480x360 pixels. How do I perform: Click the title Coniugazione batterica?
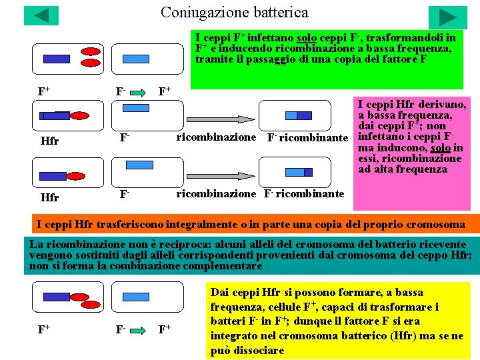[x=235, y=13]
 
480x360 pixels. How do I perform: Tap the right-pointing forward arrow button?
[x=447, y=17]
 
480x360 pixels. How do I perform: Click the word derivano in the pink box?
[x=440, y=105]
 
